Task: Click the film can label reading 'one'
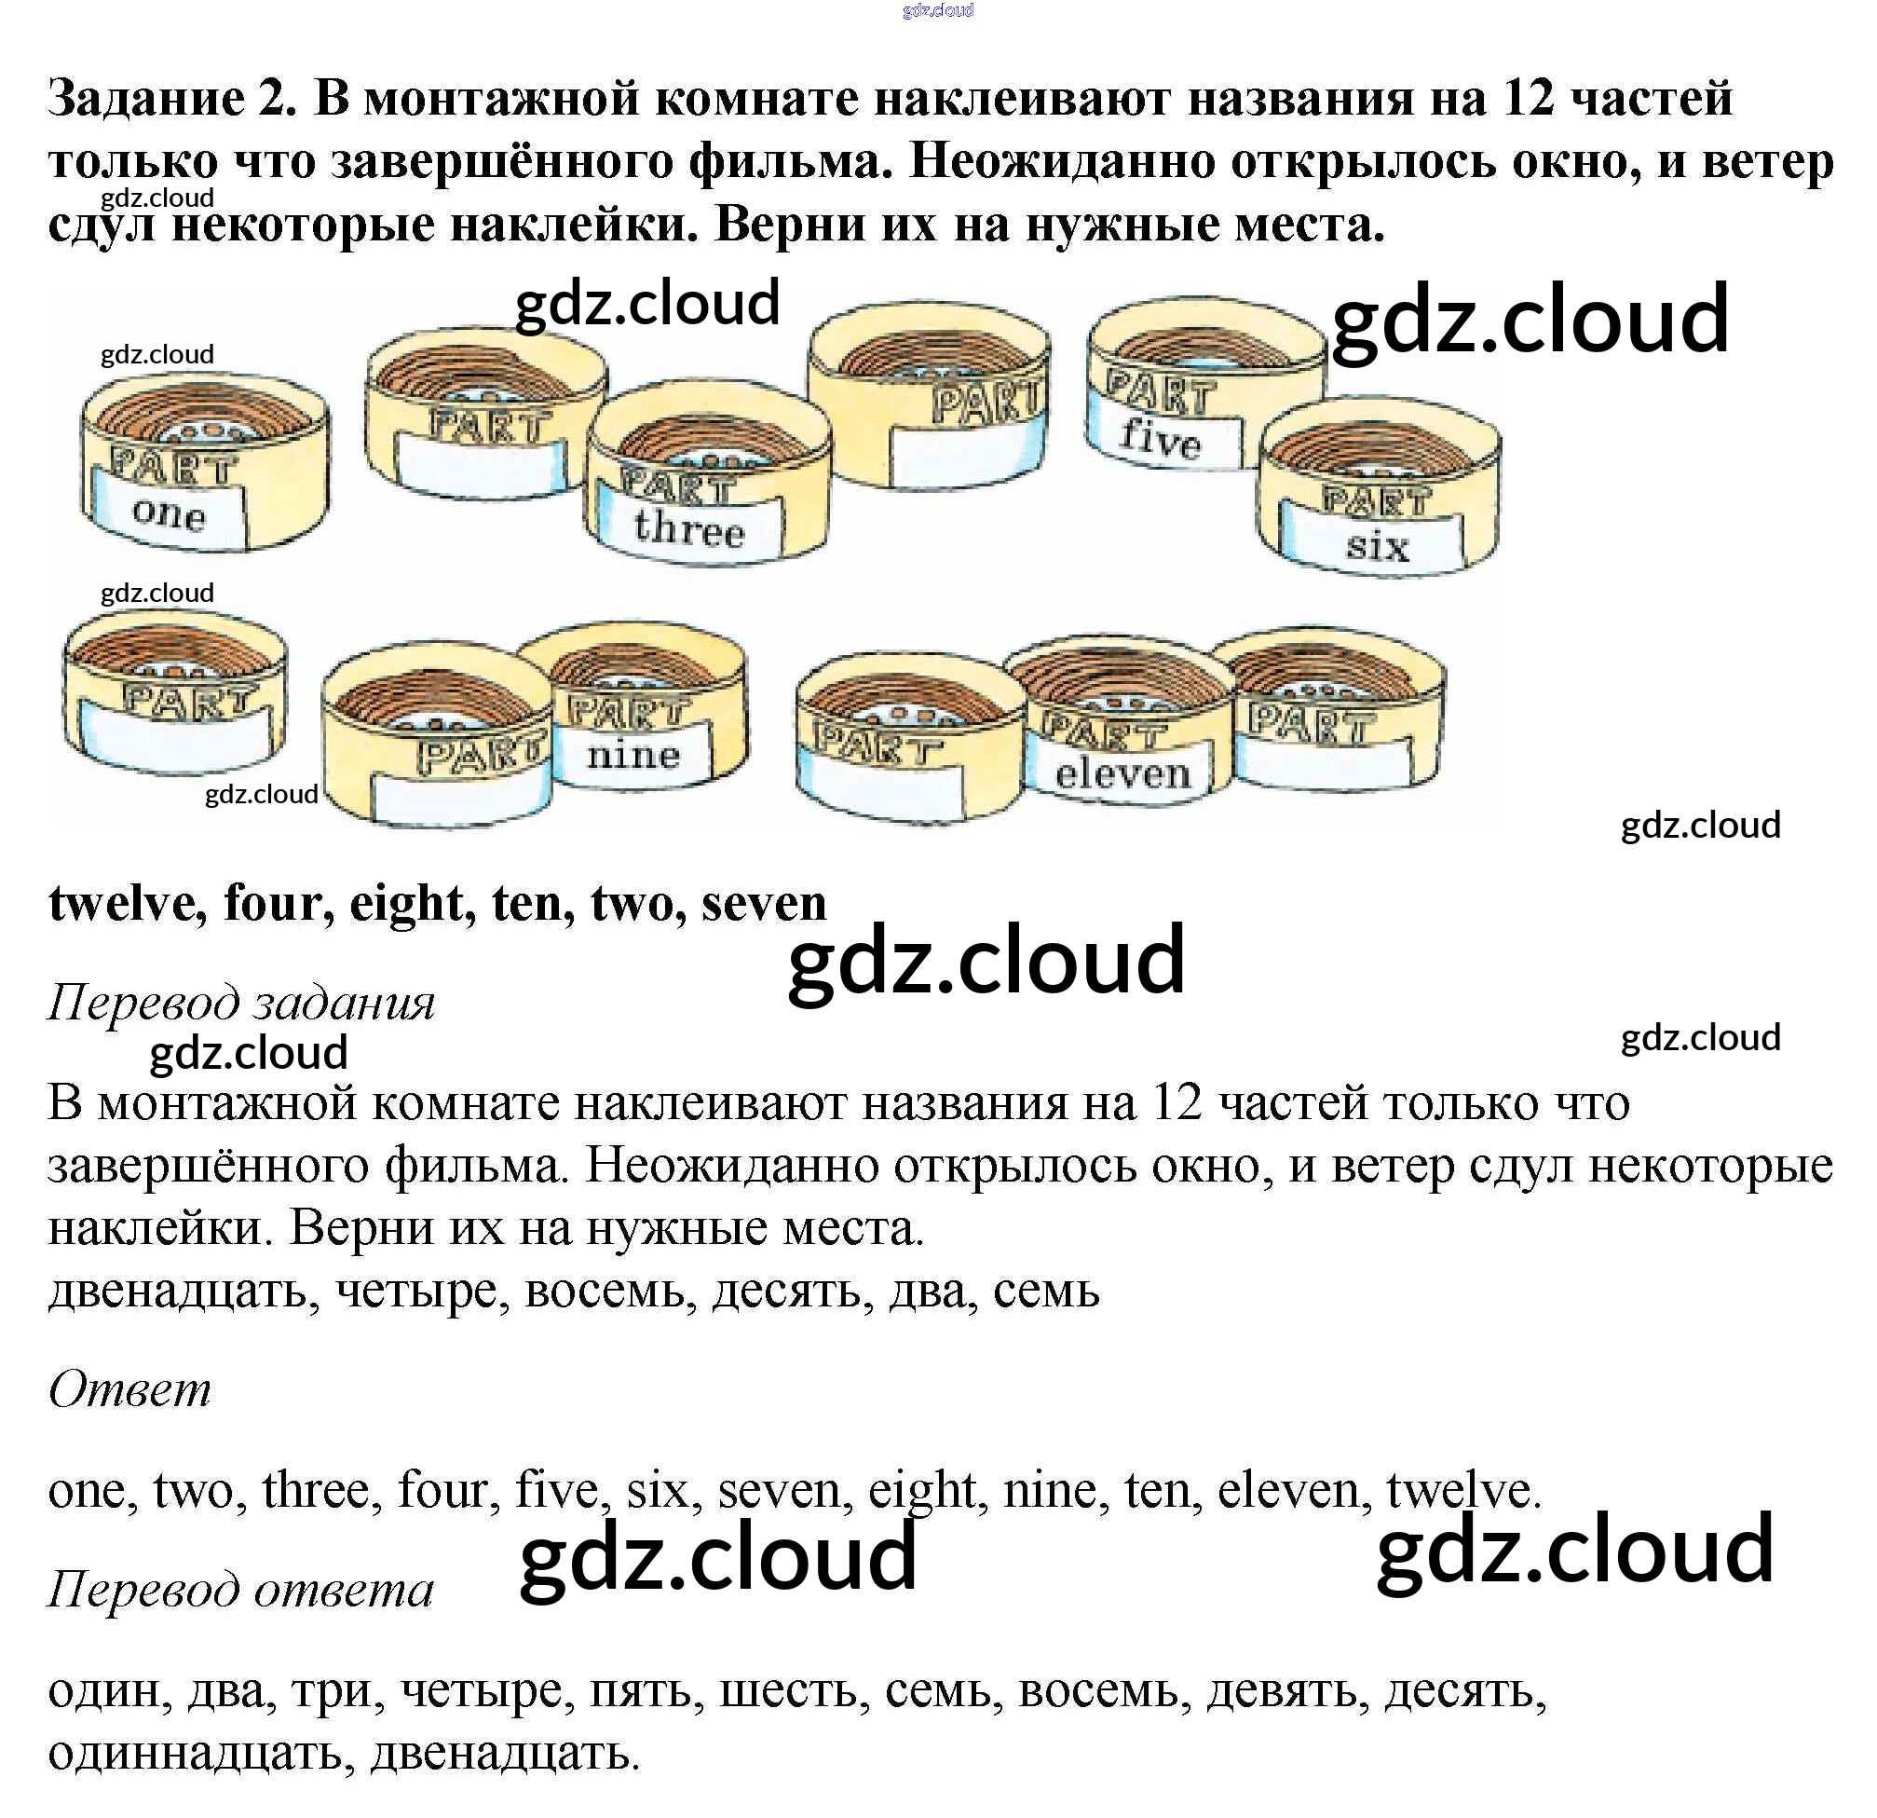click(170, 514)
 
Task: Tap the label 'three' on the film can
click(688, 527)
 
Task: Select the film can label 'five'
click(1160, 439)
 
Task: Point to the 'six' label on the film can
click(1377, 546)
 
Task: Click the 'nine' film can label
click(633, 756)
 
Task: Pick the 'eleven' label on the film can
click(1122, 773)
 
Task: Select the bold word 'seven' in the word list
click(763, 903)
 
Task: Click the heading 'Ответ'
click(130, 1388)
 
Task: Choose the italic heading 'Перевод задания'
click(241, 1003)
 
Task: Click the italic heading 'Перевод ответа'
click(240, 1589)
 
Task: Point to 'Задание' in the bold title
click(145, 99)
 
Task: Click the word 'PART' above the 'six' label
click(1376, 499)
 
